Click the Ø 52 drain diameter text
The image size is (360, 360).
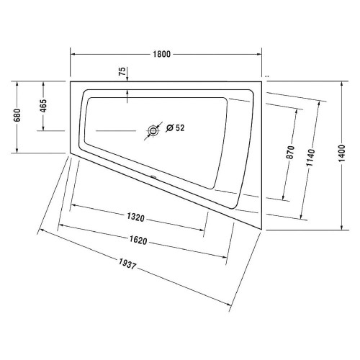pyautogui.click(x=176, y=129)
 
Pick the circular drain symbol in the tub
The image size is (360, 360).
pyautogui.click(x=153, y=130)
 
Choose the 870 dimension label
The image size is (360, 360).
pyautogui.click(x=290, y=152)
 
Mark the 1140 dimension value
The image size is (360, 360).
pyautogui.click(x=310, y=158)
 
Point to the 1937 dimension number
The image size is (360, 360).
pyautogui.click(x=143, y=271)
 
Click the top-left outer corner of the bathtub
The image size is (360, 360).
pyautogui.click(x=69, y=81)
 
